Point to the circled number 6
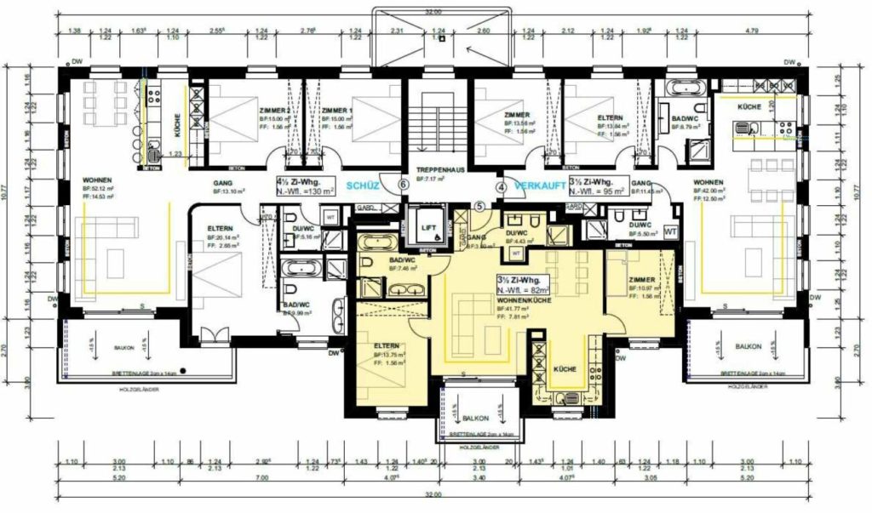click(x=404, y=185)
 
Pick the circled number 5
click(x=479, y=206)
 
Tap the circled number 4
click(x=502, y=186)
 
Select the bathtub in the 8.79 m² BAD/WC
click(x=684, y=87)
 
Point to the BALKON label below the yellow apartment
click(x=477, y=419)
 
